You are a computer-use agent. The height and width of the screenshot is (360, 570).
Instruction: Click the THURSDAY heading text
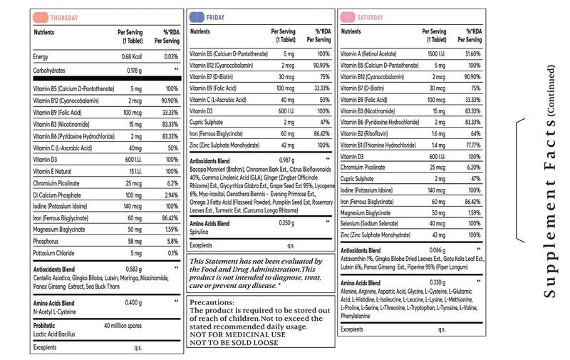64,18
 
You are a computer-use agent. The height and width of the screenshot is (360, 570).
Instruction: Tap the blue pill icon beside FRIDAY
197,17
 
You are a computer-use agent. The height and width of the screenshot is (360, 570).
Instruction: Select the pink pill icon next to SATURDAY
348,17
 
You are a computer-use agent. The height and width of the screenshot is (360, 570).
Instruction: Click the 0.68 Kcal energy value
132,57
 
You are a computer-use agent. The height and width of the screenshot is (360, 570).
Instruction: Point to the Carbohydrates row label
49,71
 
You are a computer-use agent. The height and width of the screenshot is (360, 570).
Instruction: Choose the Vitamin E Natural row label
52,171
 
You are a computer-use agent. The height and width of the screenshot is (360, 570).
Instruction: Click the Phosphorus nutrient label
46,241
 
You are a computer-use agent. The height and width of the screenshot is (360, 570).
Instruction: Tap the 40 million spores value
123,326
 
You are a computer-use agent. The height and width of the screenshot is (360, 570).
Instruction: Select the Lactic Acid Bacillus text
54,334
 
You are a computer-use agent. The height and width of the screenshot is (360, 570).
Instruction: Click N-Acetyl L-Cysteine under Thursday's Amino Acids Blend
55,312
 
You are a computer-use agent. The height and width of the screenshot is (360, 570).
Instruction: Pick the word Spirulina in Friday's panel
199,232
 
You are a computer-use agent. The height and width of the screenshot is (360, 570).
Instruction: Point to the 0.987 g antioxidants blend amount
287,160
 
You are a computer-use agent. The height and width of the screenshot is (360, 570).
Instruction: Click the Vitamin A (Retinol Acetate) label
368,53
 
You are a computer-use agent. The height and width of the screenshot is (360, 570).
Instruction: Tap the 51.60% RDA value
473,53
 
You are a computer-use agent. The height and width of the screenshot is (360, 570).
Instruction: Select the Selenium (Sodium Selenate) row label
369,223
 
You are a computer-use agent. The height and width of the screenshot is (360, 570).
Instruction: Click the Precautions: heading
212,302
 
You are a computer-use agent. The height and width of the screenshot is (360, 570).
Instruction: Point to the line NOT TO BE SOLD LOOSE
234,343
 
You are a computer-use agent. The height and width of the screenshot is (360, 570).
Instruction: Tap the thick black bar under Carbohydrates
108,78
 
